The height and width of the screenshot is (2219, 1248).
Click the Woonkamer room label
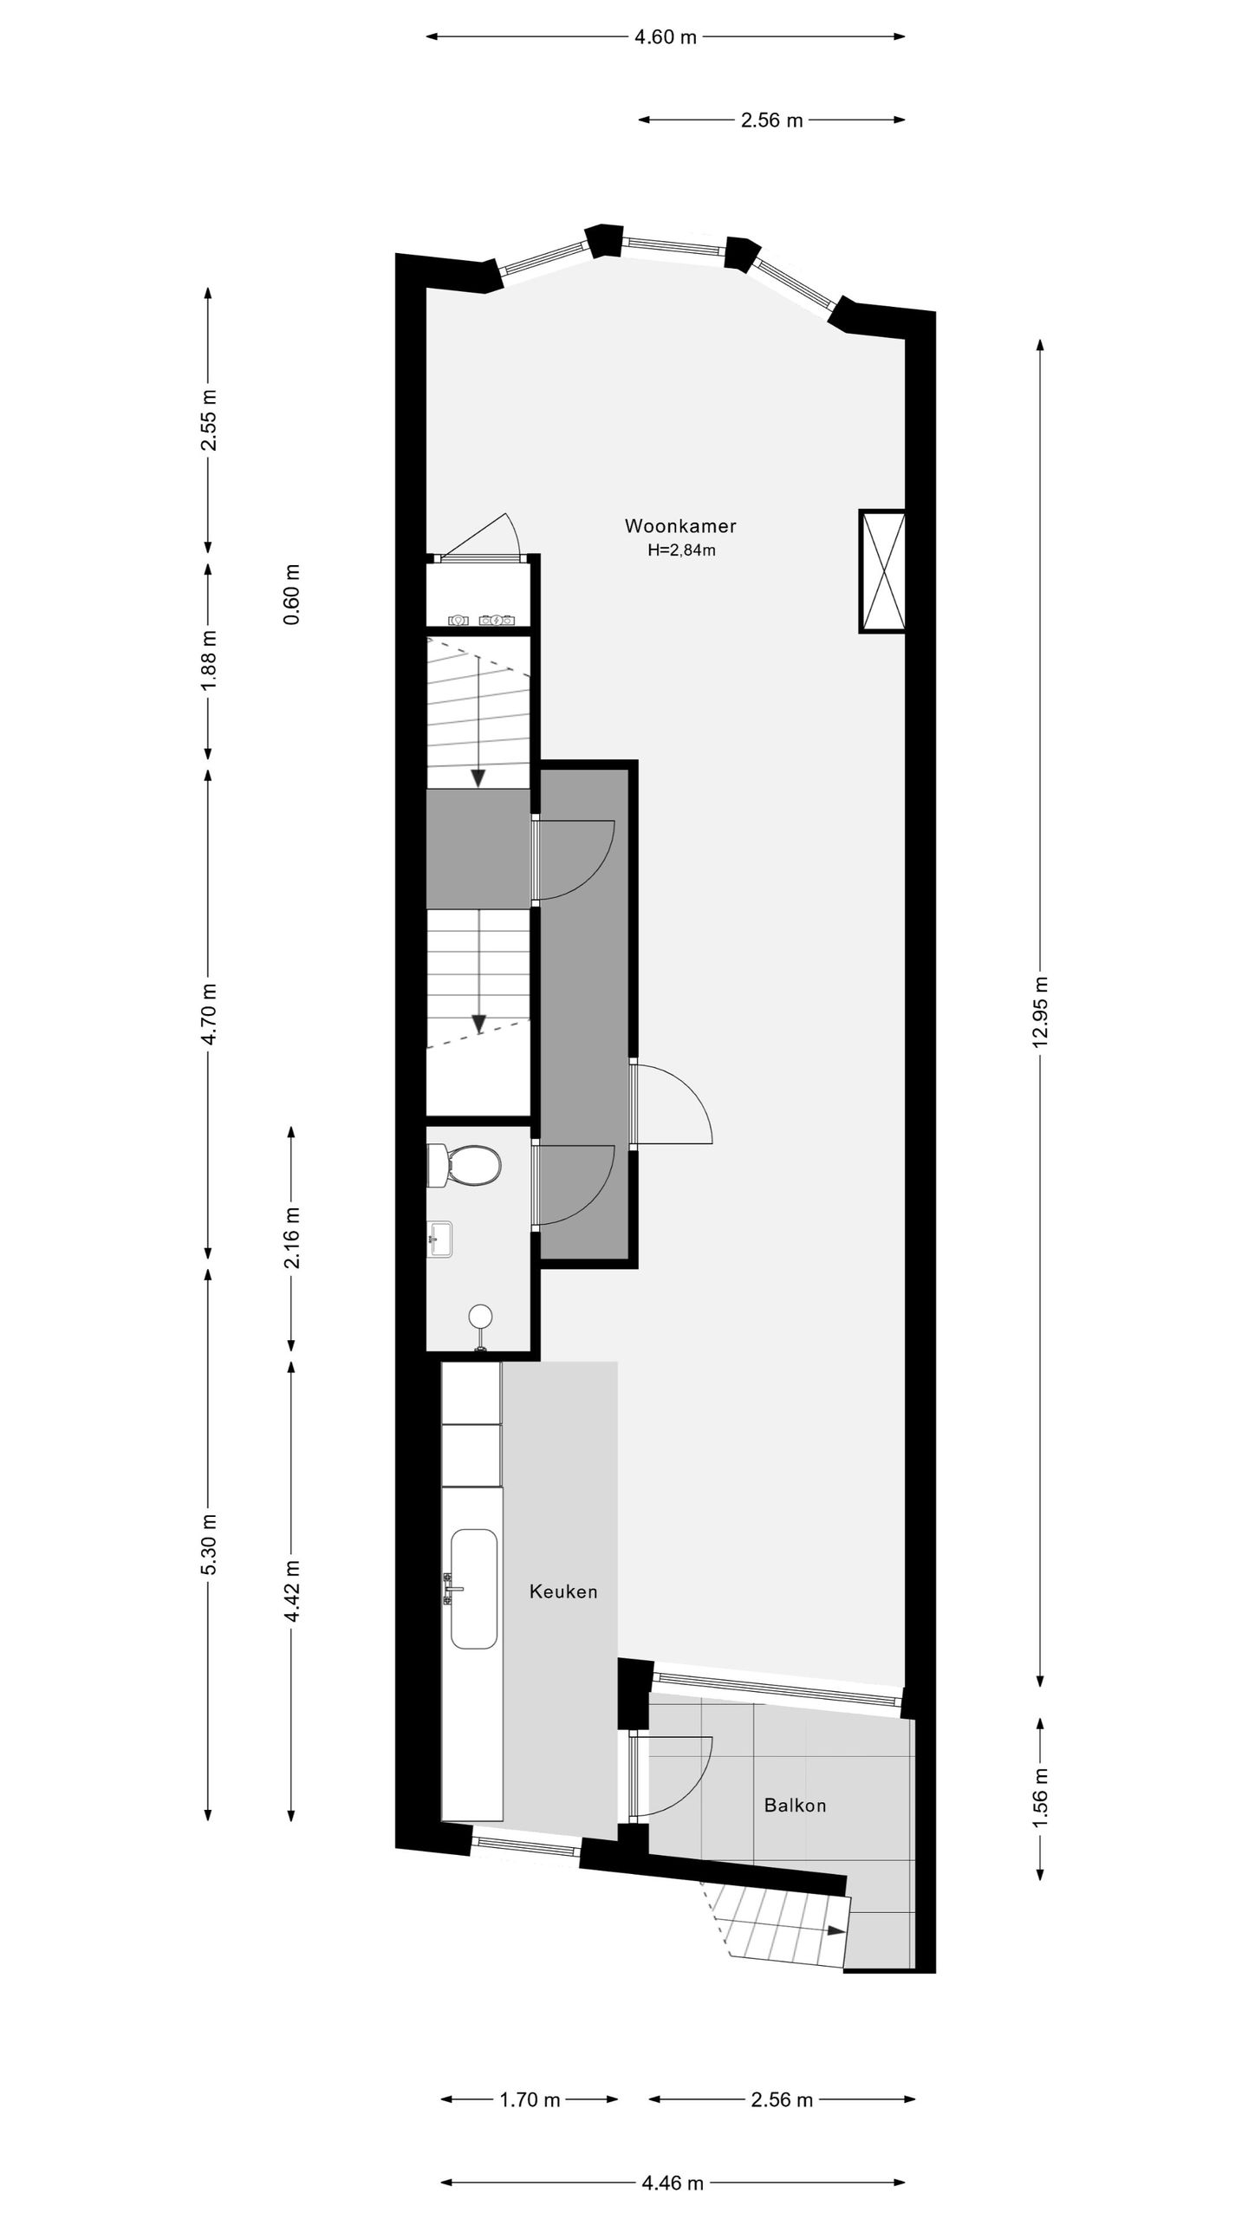[x=680, y=526]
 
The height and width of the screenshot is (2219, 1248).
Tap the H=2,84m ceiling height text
[x=681, y=550]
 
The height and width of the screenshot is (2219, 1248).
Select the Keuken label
[x=563, y=1591]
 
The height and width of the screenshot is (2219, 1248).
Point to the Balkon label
[x=795, y=1781]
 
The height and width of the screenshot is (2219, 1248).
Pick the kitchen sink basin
[x=474, y=1589]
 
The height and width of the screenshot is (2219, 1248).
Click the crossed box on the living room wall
[x=882, y=571]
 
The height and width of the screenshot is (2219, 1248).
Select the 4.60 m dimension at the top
[x=666, y=37]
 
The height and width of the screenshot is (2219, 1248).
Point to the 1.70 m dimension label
[x=530, y=2069]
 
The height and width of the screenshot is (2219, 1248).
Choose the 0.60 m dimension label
[x=292, y=595]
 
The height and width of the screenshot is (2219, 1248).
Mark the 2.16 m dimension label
[x=292, y=1237]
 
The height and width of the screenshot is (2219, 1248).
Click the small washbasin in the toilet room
[x=441, y=1240]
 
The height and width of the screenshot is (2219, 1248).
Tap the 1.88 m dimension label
[x=208, y=660]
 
